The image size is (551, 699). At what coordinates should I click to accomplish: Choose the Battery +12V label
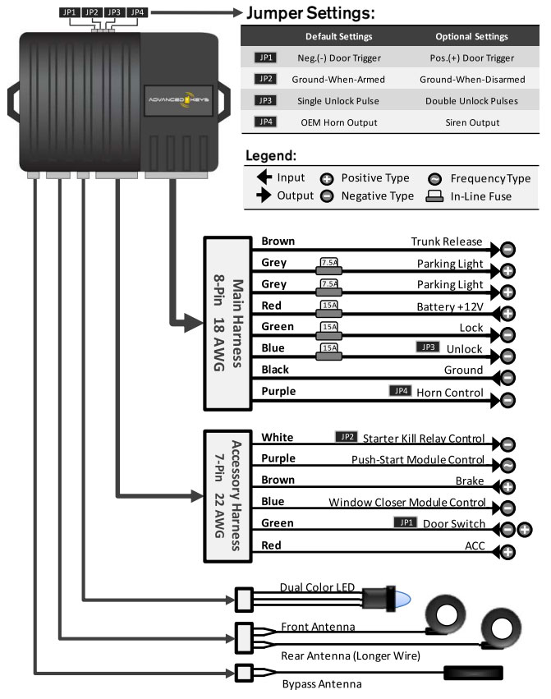[451, 306]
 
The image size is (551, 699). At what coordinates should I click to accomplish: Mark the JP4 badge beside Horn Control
[400, 391]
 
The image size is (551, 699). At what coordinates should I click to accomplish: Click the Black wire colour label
[275, 370]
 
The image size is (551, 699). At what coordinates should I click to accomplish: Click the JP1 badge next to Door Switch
[406, 522]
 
